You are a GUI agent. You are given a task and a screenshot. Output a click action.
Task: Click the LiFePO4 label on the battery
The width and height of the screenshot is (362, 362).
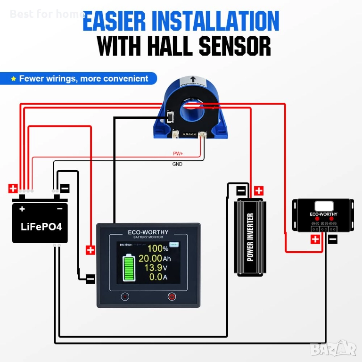[41, 226]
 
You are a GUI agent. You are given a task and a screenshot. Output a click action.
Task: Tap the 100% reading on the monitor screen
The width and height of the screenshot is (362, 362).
[158, 248]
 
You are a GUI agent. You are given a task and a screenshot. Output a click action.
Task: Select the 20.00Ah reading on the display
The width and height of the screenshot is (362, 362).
[155, 258]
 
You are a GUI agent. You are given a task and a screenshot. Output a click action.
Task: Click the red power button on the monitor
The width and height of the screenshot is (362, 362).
[172, 296]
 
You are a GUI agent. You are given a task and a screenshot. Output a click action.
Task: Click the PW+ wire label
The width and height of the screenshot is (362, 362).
[178, 154]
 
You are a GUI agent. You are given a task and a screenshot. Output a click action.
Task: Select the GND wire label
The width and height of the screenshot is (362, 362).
[177, 164]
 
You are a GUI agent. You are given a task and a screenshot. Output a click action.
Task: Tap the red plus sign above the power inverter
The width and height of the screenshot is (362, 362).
[258, 191]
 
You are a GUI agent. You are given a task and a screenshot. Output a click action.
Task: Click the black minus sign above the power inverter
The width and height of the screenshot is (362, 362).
[240, 191]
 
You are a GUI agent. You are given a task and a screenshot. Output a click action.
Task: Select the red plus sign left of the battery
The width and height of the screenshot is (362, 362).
[13, 189]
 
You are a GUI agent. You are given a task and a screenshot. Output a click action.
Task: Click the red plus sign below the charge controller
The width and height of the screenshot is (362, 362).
[315, 239]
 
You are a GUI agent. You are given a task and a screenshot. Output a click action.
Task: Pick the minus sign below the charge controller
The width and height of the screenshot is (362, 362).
[332, 239]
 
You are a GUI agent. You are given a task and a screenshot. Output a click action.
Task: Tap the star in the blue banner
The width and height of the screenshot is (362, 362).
[14, 79]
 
